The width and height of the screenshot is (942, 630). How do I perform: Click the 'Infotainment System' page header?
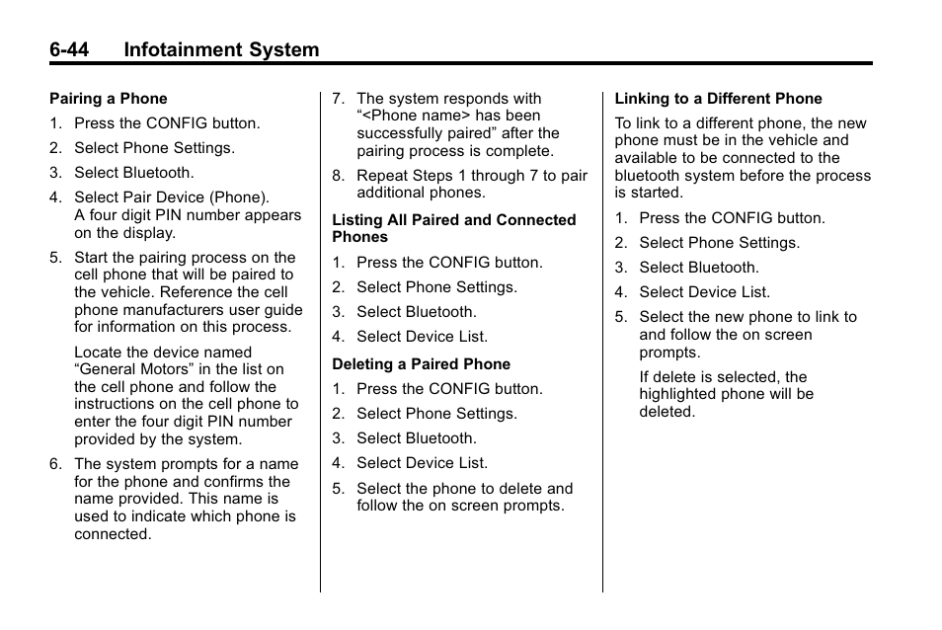221,49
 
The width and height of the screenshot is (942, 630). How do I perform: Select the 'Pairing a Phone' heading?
109,99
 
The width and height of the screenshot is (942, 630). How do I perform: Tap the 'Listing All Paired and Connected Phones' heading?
453,228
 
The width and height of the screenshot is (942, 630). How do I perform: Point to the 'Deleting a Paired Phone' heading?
421,364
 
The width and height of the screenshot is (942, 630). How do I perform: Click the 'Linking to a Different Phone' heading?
718,99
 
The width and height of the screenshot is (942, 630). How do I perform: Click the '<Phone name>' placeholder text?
417,116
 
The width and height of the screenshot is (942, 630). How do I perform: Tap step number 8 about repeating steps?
338,176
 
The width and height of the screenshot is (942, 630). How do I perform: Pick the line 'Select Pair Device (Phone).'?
172,197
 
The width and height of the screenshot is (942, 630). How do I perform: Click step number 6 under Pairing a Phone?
55,464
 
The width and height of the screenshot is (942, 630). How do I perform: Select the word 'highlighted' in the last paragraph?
679,394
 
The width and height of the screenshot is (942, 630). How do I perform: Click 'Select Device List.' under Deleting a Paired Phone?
422,463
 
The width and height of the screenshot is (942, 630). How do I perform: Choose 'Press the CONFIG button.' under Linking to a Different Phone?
732,218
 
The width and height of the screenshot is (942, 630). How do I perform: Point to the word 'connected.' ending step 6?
113,534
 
